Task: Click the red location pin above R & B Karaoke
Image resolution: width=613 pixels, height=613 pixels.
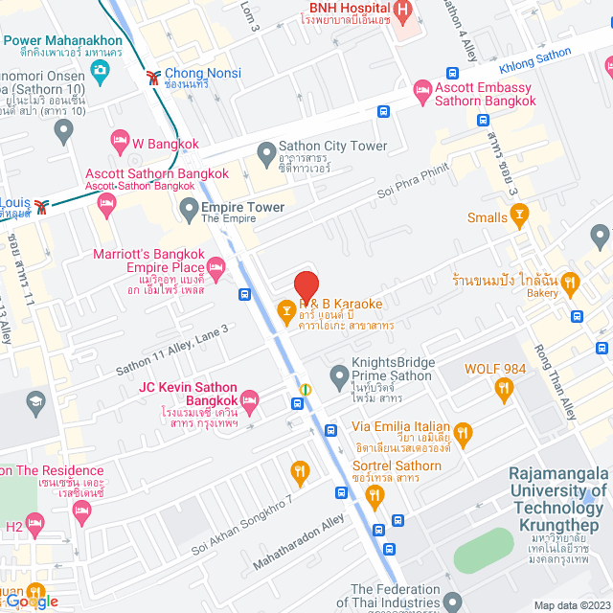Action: (306, 286)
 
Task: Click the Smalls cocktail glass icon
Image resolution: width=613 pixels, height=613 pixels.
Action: (520, 216)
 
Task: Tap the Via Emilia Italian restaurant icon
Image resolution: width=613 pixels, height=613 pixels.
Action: (465, 435)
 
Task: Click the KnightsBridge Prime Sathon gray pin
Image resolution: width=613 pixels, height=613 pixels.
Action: (337, 375)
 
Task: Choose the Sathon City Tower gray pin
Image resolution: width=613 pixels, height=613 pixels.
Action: (265, 152)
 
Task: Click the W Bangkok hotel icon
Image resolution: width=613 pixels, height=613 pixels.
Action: (119, 144)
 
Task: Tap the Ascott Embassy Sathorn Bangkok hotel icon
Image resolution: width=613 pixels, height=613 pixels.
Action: (421, 91)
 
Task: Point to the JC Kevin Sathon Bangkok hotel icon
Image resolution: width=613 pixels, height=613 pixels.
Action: (250, 398)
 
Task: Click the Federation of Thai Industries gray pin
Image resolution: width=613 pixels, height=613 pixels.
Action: (451, 602)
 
